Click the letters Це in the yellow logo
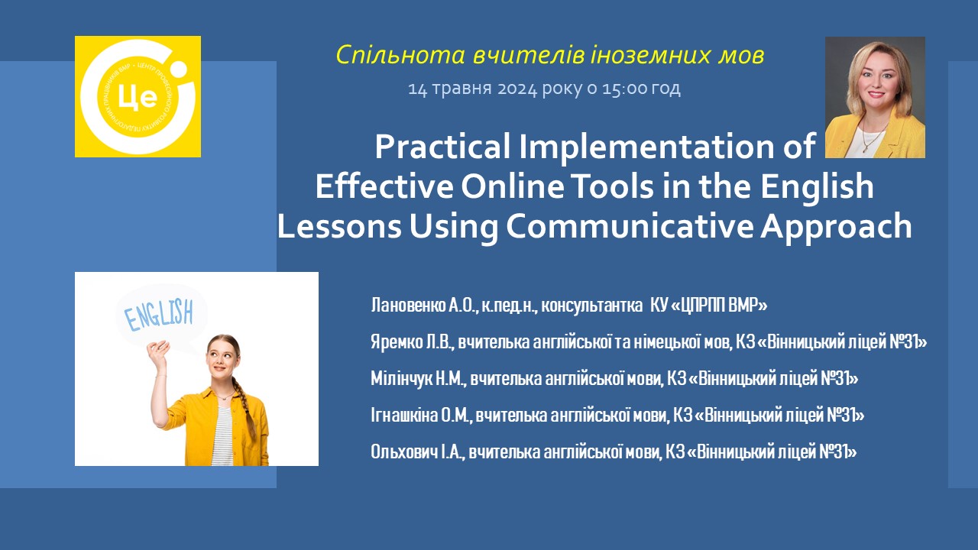(138, 97)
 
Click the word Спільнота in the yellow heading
(400, 56)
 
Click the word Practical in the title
(442, 147)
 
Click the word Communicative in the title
(630, 225)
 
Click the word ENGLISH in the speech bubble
(160, 314)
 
